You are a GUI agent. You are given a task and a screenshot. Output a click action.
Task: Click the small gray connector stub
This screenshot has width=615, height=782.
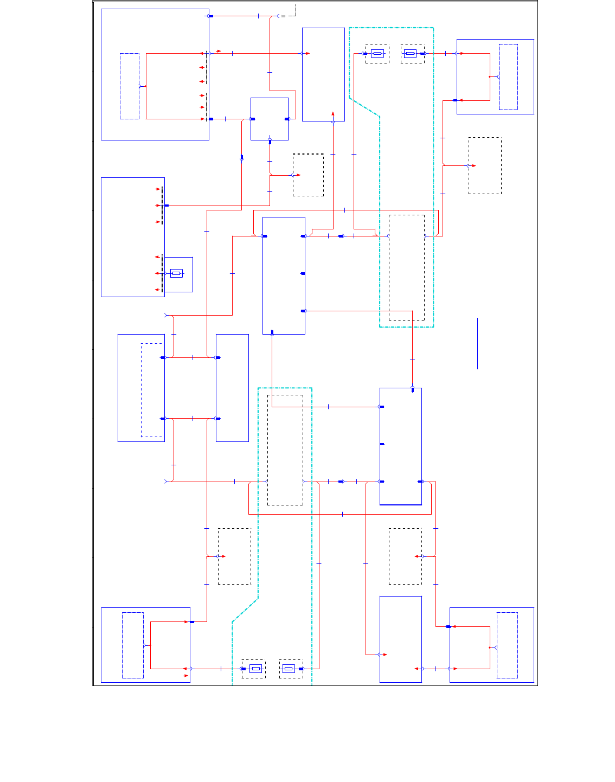(x=283, y=16)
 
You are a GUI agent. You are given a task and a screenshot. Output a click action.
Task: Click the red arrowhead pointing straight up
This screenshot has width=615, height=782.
(x=333, y=114)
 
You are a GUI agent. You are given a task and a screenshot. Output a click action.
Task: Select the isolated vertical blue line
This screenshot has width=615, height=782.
(x=478, y=343)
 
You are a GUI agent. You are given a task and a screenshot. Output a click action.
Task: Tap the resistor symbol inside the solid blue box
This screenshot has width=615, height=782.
(x=176, y=273)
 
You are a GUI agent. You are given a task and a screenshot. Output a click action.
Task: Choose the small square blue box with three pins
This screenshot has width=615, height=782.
(x=270, y=119)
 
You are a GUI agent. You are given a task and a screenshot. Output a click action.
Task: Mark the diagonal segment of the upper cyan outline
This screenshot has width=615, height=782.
(x=364, y=107)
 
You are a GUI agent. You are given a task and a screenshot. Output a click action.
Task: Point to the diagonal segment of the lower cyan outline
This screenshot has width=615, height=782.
(x=245, y=610)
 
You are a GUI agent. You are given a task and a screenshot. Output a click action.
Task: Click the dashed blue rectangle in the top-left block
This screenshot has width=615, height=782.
(x=130, y=86)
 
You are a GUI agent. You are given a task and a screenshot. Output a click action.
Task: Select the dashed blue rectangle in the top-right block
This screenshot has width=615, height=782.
(x=508, y=77)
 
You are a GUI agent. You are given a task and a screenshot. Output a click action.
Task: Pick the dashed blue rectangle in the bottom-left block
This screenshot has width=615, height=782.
(x=133, y=645)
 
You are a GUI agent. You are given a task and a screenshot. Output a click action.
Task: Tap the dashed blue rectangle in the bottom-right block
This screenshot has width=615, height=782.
(x=508, y=645)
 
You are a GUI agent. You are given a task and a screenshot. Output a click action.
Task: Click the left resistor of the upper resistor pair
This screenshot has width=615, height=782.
(x=377, y=54)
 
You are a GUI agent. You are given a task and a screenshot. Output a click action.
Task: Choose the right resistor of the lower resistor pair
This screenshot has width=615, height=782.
(x=289, y=669)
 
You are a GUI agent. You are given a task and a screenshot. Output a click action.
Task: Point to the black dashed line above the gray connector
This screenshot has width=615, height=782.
(x=296, y=9)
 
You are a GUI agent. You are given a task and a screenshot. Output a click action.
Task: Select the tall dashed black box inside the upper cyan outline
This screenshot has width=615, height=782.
(x=407, y=267)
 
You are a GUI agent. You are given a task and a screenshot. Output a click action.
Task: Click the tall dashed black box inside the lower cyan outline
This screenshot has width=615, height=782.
(x=285, y=450)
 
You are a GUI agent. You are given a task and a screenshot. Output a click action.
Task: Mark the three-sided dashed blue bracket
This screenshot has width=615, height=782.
(x=151, y=390)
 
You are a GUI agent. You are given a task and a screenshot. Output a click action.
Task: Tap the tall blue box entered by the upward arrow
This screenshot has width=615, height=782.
(x=323, y=74)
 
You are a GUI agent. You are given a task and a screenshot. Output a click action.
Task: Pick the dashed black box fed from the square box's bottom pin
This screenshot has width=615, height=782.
(x=308, y=175)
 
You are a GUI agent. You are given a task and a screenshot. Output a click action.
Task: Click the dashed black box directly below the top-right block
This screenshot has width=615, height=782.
(x=485, y=165)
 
